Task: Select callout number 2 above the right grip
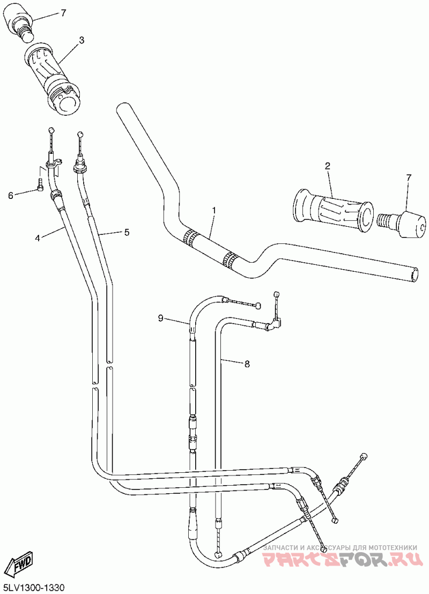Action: click(x=327, y=166)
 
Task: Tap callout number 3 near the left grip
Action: click(x=82, y=40)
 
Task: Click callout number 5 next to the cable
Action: click(x=127, y=232)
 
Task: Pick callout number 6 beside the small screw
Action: click(x=10, y=196)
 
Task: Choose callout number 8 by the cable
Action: click(x=247, y=364)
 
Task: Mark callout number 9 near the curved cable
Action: click(x=160, y=318)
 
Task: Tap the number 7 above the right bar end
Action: click(x=409, y=177)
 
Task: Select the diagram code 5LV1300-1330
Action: click(x=33, y=588)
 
